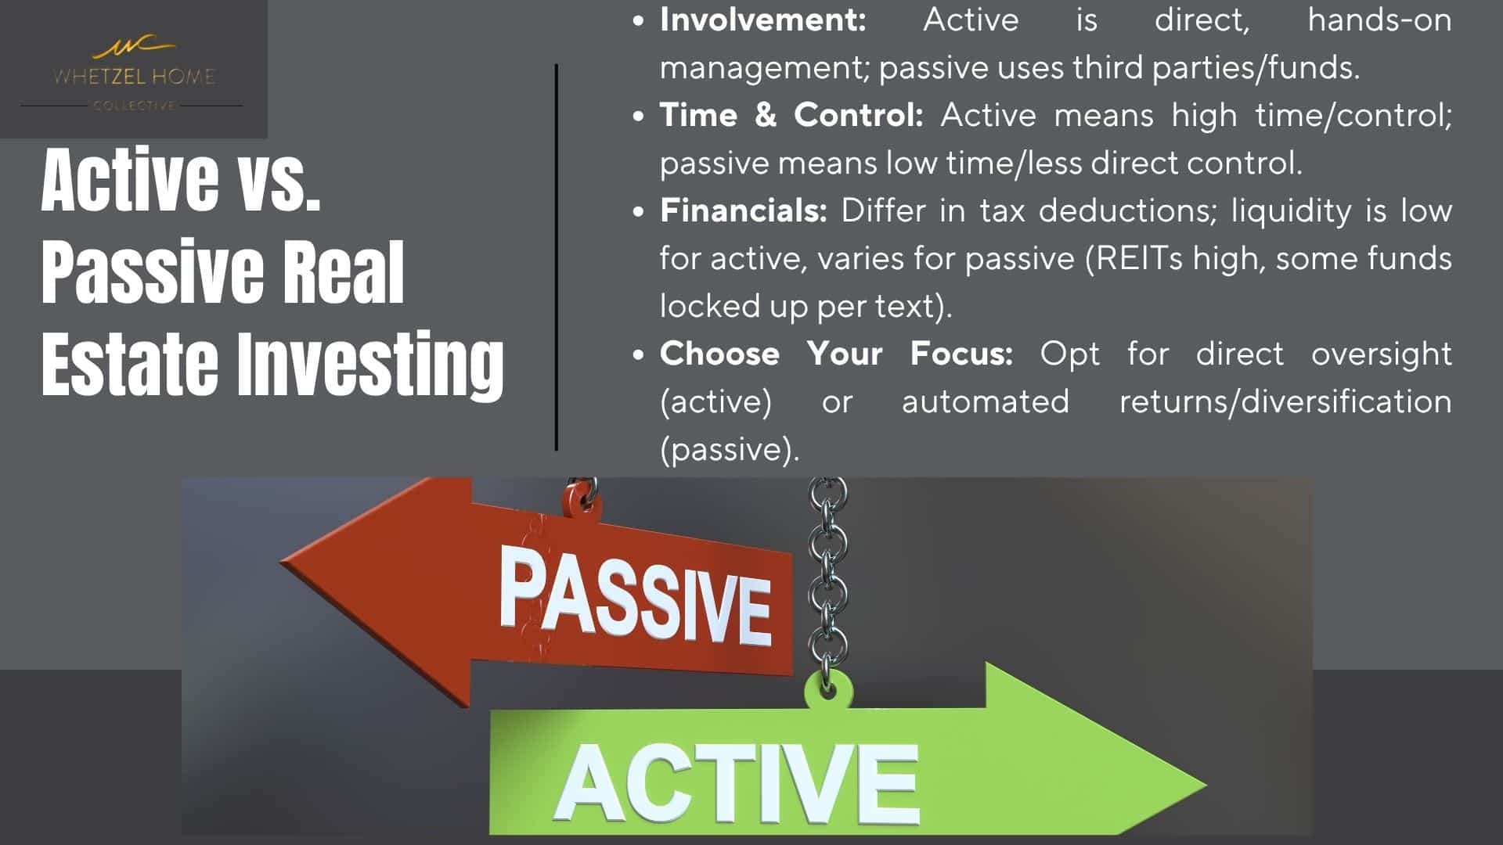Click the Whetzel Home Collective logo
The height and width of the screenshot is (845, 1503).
click(133, 74)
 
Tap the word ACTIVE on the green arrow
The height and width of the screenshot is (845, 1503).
click(737, 782)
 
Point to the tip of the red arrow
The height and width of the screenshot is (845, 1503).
click(281, 563)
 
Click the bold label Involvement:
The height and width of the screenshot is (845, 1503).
click(763, 20)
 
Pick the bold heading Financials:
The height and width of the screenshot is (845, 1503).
click(744, 210)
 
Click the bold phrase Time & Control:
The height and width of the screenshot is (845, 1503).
click(791, 115)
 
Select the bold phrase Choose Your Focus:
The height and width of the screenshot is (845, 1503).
click(836, 354)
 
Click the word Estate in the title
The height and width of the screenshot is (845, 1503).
click(129, 361)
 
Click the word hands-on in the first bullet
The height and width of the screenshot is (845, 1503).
click(1379, 20)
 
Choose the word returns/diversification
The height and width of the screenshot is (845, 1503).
click(1285, 401)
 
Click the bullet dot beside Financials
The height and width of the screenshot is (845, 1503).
click(639, 211)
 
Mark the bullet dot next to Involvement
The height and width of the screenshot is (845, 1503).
click(639, 21)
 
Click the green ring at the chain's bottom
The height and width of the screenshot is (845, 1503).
click(828, 689)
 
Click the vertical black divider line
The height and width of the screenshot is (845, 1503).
click(557, 257)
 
